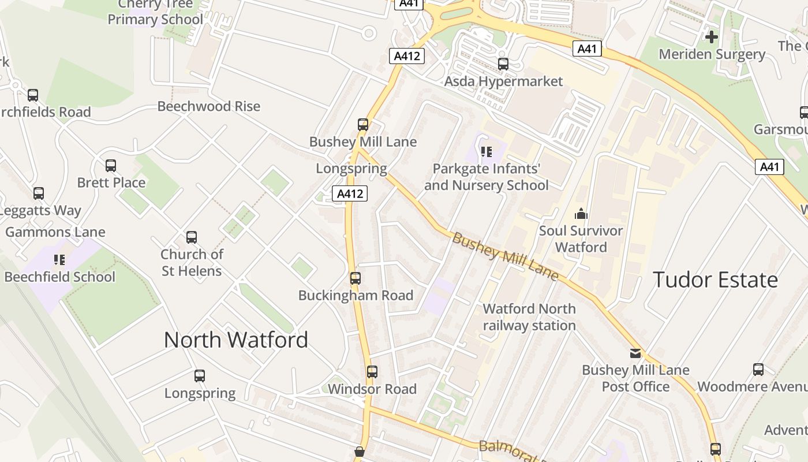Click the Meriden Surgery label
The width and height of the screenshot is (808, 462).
tap(712, 54)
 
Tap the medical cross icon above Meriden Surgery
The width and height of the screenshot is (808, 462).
tap(712, 37)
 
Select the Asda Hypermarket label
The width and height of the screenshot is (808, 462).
tap(503, 81)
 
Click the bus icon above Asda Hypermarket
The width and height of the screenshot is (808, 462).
tap(503, 64)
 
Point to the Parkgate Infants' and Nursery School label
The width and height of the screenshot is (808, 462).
tap(487, 177)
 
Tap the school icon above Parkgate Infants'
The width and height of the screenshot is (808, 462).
tap(487, 152)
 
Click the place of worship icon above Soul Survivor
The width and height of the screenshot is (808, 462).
tap(581, 214)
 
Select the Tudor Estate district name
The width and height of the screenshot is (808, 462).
tap(716, 280)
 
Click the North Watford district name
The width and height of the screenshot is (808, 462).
tap(236, 340)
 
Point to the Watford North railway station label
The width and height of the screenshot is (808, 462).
tap(529, 317)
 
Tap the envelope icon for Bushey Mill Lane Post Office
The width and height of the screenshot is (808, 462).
tap(635, 353)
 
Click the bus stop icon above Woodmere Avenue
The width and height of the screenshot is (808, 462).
tap(758, 370)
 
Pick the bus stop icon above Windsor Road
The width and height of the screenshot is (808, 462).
tap(372, 372)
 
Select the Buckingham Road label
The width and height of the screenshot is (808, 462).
tap(356, 295)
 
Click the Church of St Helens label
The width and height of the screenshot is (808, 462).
tap(192, 262)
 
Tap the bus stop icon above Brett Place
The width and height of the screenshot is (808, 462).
tap(111, 166)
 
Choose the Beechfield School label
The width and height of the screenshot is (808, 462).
tap(60, 277)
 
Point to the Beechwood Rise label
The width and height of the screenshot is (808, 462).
tap(209, 106)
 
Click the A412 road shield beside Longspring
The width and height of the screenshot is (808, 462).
tap(350, 193)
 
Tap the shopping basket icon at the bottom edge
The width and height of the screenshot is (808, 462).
tap(360, 452)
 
